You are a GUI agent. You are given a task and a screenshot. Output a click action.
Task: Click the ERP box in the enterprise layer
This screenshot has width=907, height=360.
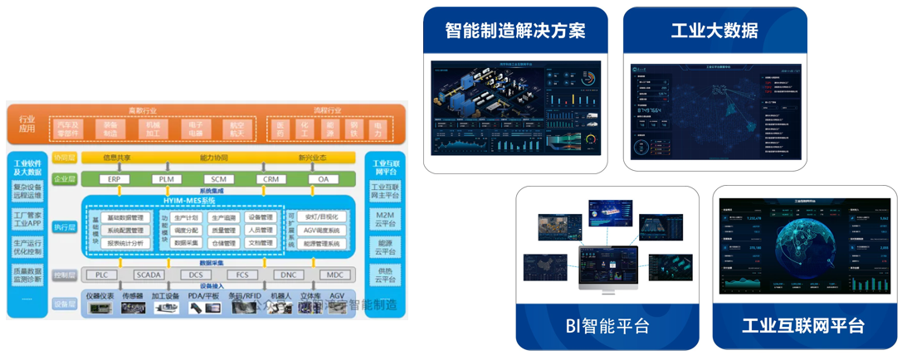pos(114,179)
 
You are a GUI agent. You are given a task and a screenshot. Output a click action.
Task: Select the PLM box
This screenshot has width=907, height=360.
pos(166,179)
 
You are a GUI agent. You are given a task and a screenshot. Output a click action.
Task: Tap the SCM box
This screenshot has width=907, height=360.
pos(218,179)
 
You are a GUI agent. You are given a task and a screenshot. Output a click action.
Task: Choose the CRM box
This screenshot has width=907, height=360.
pos(271,179)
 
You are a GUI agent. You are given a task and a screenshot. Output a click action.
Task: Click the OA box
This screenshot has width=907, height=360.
pos(323,179)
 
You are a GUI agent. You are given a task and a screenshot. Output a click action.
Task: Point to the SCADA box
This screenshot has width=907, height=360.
pos(150,275)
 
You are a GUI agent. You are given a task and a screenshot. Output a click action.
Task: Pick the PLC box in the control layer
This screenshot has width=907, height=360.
pos(101,275)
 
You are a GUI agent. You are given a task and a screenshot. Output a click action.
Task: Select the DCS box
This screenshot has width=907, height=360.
pos(196,275)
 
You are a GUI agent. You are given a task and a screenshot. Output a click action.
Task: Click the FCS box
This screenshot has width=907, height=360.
pos(241,275)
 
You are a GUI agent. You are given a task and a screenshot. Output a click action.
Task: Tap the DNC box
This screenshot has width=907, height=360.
pos(288,275)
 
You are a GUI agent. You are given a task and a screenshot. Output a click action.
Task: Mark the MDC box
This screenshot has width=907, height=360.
pos(334,275)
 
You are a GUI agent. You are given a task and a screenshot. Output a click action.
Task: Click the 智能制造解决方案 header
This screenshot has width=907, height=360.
pos(514,32)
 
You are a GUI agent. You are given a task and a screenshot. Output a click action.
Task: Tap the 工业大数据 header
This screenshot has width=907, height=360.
pos(714,32)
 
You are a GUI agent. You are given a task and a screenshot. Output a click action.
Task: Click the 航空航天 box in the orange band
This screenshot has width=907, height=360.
pos(237,129)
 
